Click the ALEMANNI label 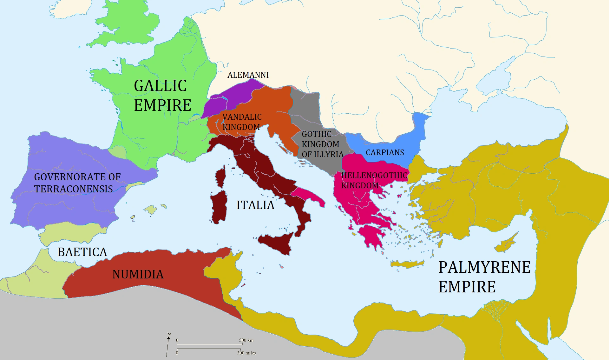pyautogui.click(x=248, y=75)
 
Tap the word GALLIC pyautogui.click(x=160, y=86)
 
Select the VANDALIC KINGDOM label pyautogui.click(x=242, y=122)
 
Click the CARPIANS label pyautogui.click(x=385, y=153)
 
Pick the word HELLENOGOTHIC pyautogui.click(x=374, y=176)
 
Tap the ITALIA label pyautogui.click(x=255, y=205)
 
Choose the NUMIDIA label pyautogui.click(x=138, y=275)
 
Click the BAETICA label pyautogui.click(x=82, y=252)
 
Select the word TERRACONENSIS pyautogui.click(x=74, y=189)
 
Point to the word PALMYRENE pyautogui.click(x=484, y=267)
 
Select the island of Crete pyautogui.click(x=407, y=263)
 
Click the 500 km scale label pyautogui.click(x=246, y=340)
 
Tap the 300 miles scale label pyautogui.click(x=246, y=353)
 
